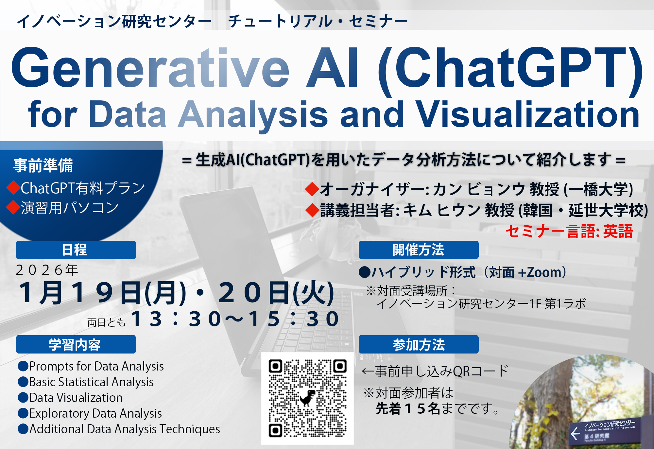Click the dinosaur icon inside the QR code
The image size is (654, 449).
coord(307,398)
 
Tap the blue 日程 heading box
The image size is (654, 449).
coord(76,250)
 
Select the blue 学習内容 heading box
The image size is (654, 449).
coord(76,344)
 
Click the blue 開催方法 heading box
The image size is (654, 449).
coord(419,250)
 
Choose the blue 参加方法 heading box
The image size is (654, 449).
coord(419,344)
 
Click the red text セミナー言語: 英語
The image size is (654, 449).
coord(569,232)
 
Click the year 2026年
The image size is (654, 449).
coord(47,270)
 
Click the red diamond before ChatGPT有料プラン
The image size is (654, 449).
coord(13,188)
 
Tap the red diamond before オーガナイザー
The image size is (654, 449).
coord(312,189)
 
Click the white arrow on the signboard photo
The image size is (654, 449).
coord(576,434)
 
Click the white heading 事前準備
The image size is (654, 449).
coord(43,165)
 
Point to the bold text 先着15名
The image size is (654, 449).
coord(408,409)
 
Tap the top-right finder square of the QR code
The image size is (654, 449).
coord(340,366)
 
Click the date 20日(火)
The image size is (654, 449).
coord(276,292)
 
